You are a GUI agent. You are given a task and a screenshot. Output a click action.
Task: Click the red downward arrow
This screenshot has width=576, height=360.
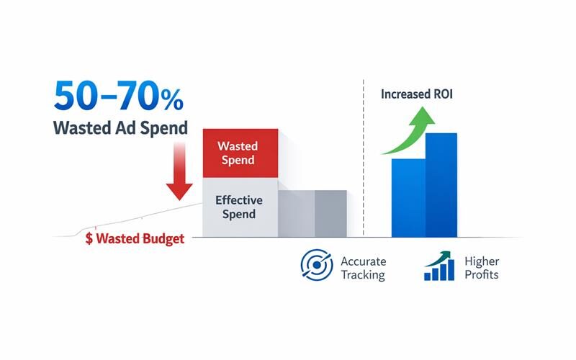point(179,173)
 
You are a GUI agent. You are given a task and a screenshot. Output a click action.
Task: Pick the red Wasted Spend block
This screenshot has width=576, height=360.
point(240,152)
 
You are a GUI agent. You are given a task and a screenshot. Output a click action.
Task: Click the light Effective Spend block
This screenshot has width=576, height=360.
point(240,207)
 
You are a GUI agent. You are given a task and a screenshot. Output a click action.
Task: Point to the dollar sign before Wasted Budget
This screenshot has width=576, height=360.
point(89,238)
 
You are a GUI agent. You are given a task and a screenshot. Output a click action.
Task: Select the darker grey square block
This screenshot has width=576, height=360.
point(330,213)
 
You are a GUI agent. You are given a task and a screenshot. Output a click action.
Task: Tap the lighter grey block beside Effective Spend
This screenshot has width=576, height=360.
point(296,213)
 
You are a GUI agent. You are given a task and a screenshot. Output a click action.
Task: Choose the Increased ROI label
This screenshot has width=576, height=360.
point(418,94)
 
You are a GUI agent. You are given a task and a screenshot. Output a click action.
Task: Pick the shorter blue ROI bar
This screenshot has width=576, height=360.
point(408,198)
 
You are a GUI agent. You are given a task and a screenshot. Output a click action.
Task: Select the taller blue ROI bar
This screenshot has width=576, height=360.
point(441,185)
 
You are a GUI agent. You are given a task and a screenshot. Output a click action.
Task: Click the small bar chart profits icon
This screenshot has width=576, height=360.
point(439,267)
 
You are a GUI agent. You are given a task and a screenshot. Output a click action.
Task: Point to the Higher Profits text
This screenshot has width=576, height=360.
point(481,268)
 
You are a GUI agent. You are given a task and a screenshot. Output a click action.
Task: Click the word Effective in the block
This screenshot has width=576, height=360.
point(239,200)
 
